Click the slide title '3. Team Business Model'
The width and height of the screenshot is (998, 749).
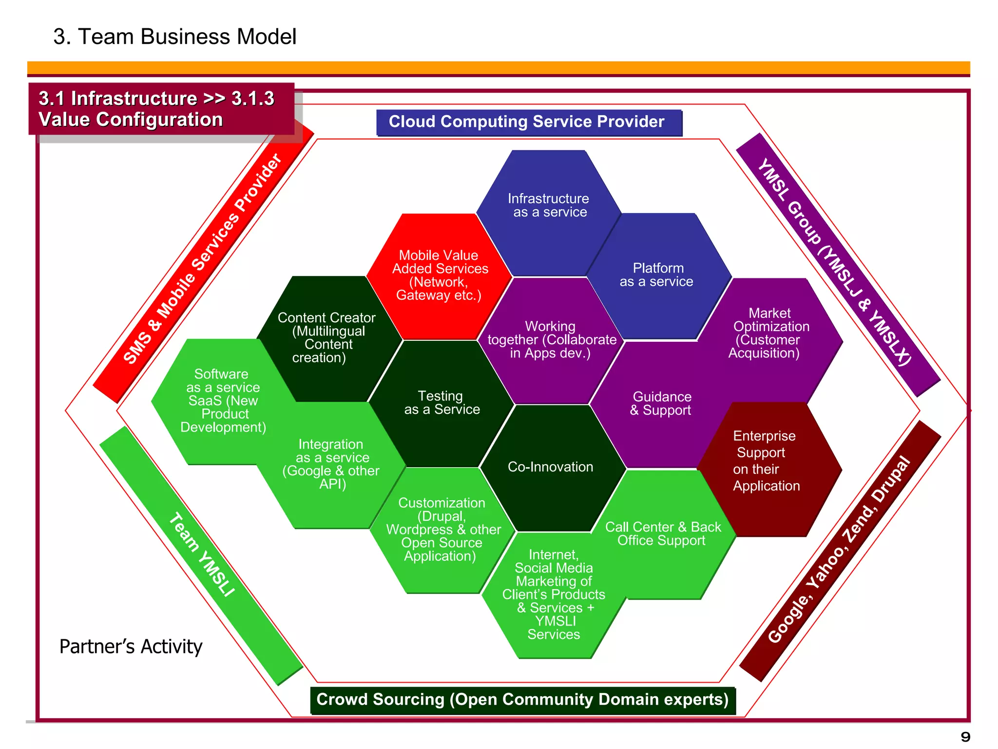point(174,37)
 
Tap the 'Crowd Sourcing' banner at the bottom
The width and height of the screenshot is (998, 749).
point(522,700)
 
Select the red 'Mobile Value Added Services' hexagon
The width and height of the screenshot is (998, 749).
point(439,276)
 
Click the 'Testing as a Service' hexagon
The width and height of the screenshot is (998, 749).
point(441,403)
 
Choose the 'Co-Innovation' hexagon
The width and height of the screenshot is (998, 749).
point(551,467)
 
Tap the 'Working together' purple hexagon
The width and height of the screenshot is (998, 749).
point(551,340)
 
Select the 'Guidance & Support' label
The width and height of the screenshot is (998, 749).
point(661,404)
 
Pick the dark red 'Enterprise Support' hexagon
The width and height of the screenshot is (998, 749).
point(766,461)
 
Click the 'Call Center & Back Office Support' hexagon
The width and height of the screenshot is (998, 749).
point(663,534)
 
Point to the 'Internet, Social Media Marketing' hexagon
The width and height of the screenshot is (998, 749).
point(554,594)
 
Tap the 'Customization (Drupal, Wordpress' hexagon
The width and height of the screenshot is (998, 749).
point(442,530)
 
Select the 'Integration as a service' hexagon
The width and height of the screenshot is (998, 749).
point(331,464)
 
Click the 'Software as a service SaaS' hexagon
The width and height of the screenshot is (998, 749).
point(223,401)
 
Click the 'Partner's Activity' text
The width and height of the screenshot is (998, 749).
point(131,647)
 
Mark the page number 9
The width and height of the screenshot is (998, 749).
point(965,736)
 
